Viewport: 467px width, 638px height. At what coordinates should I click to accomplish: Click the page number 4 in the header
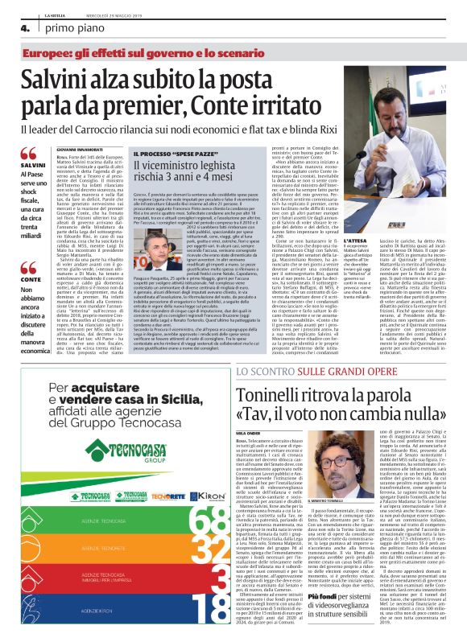pyautogui.click(x=14, y=27)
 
